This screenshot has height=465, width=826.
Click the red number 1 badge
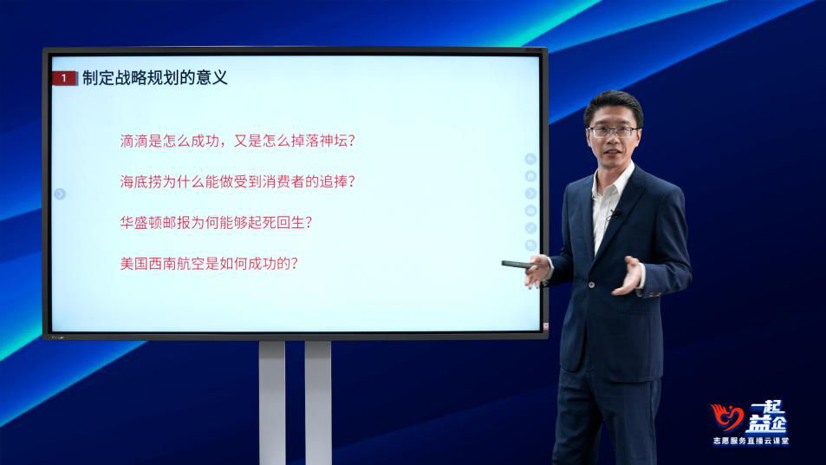[65, 78]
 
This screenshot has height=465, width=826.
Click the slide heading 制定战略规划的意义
[155, 78]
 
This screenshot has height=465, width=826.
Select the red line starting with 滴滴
[237, 141]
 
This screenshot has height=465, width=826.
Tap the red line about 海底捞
[237, 182]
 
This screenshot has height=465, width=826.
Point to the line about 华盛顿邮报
[216, 222]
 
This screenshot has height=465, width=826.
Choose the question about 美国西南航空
[209, 263]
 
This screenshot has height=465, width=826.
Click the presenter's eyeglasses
[613, 132]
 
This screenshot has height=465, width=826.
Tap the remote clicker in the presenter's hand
[517, 264]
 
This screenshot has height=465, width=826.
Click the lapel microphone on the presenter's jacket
[614, 213]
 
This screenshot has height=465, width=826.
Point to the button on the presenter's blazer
[592, 285]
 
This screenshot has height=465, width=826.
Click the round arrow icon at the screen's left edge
[60, 194]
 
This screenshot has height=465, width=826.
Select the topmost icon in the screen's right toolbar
[530, 159]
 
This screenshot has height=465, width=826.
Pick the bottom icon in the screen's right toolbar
[530, 246]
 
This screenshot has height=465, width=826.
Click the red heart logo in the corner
[726, 417]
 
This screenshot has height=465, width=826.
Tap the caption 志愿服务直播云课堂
[751, 441]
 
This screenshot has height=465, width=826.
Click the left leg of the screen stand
[272, 403]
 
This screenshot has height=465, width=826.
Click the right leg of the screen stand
[318, 403]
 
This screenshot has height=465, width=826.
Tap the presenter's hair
[613, 104]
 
